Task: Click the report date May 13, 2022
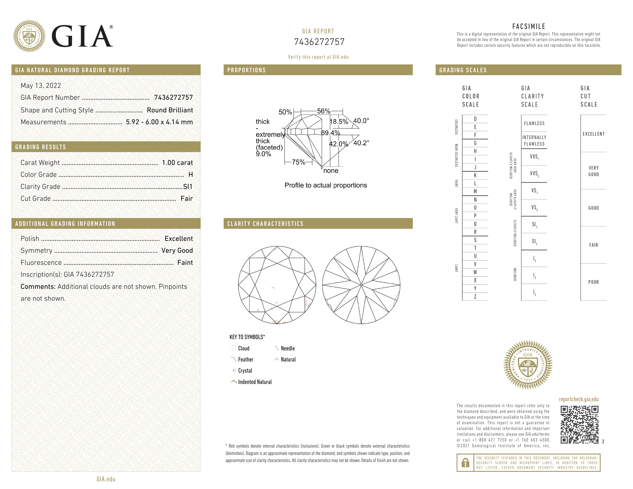pyautogui.click(x=41, y=86)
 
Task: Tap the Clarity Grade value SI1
pyautogui.click(x=188, y=187)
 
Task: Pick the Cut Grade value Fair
pyautogui.click(x=186, y=199)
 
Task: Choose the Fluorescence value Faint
pyautogui.click(x=185, y=263)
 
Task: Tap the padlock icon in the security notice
pyautogui.click(x=465, y=463)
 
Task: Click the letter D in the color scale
pyautogui.click(x=475, y=119)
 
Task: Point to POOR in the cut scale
pyautogui.click(x=593, y=282)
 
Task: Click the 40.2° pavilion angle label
pyautogui.click(x=361, y=143)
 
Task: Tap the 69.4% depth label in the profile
pyautogui.click(x=331, y=133)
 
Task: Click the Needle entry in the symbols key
pyautogui.click(x=288, y=348)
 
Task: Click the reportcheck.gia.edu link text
pyautogui.click(x=579, y=399)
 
